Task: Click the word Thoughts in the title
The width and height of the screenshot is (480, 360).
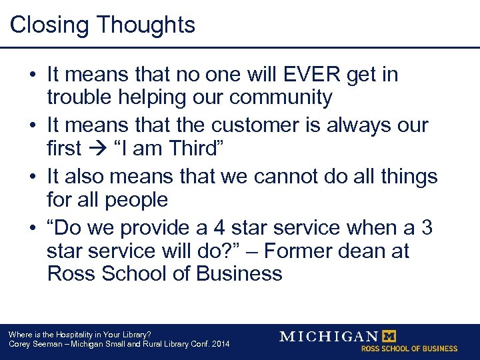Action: [146, 25]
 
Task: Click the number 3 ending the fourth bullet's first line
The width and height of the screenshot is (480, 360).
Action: [426, 227]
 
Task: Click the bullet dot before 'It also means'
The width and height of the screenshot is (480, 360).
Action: [32, 177]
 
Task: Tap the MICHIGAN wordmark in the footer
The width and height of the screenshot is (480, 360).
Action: [329, 336]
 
